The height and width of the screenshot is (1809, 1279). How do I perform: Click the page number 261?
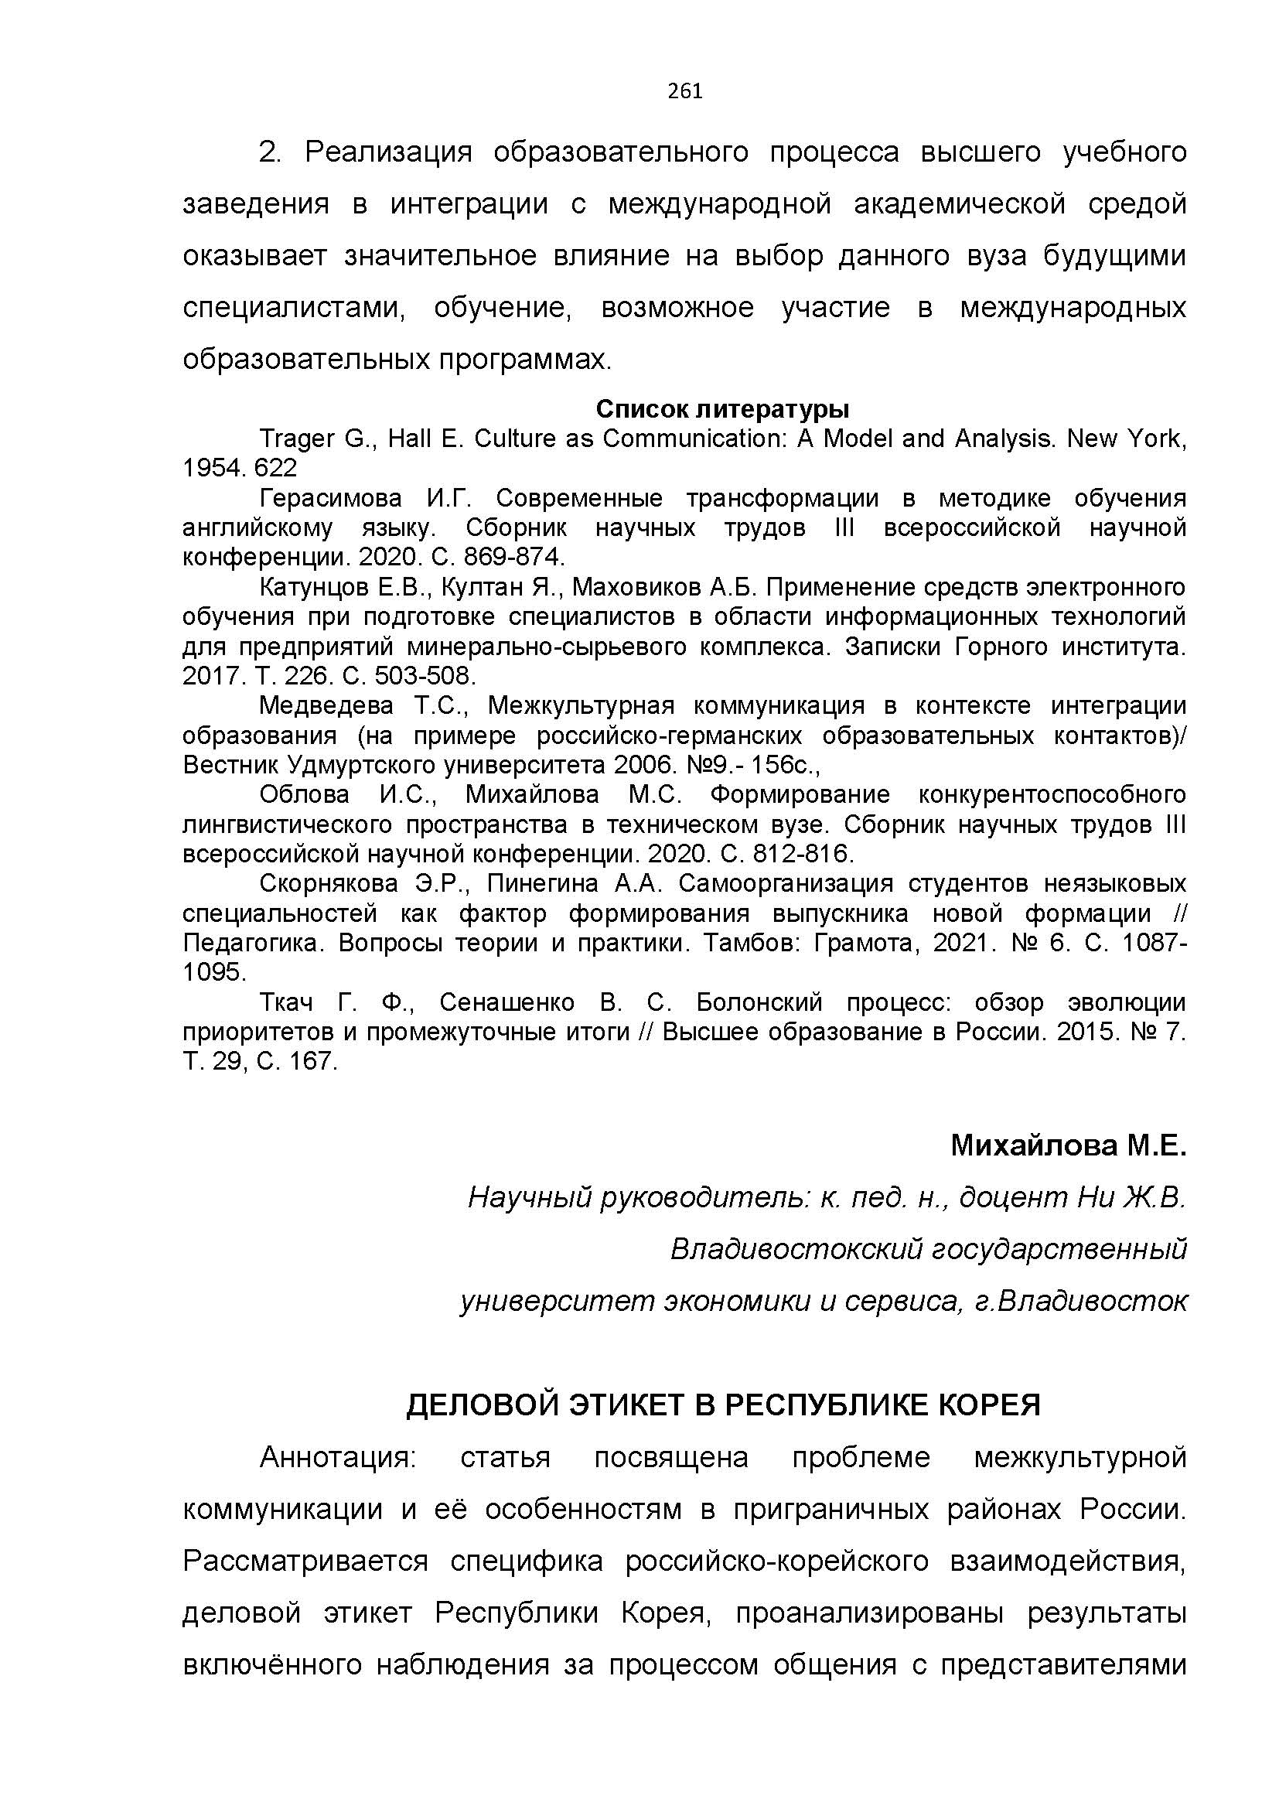(684, 91)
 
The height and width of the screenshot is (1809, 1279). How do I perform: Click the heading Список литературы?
(722, 409)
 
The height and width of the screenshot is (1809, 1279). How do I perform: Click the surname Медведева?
(326, 705)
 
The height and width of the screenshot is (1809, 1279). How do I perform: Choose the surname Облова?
(304, 794)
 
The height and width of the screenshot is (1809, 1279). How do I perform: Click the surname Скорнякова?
(329, 883)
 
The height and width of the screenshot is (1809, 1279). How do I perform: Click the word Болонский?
(759, 1002)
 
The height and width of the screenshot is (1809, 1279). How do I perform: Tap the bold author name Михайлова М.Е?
(1068, 1145)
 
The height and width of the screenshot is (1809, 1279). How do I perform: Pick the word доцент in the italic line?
(1013, 1197)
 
